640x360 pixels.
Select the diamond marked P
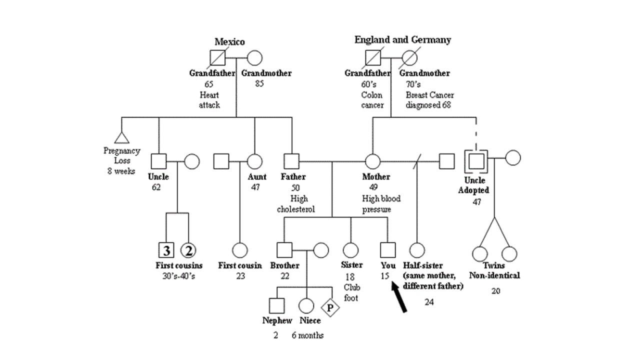(x=330, y=307)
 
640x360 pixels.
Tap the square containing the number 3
(x=166, y=250)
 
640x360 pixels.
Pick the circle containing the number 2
(x=188, y=250)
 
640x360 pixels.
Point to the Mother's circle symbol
(x=372, y=161)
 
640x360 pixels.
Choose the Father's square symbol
(x=291, y=161)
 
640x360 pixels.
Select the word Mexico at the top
(x=229, y=42)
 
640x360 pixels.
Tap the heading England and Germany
(x=402, y=40)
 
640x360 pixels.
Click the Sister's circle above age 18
(x=350, y=250)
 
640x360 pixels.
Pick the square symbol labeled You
(x=387, y=250)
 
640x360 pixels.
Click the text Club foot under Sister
(x=351, y=292)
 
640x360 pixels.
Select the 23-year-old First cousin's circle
(x=240, y=250)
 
